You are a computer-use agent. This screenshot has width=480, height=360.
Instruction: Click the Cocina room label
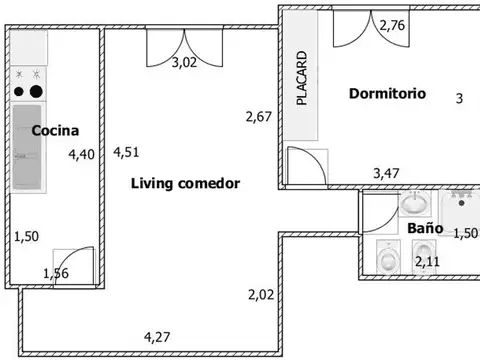click(x=55, y=130)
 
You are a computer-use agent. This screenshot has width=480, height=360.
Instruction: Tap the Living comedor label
click(x=185, y=183)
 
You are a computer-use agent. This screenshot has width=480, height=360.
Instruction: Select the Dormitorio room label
click(x=387, y=93)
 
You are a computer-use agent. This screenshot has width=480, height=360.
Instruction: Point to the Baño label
click(x=425, y=228)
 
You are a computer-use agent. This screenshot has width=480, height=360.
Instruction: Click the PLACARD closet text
click(x=301, y=78)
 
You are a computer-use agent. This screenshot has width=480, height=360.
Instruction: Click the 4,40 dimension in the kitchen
click(x=81, y=154)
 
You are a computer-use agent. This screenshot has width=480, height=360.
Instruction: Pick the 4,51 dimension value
click(x=126, y=152)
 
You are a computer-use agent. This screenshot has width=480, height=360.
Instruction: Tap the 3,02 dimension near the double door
click(x=184, y=62)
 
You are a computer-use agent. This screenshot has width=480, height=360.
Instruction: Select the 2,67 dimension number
click(x=259, y=117)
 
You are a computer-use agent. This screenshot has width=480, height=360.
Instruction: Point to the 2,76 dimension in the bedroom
click(x=392, y=25)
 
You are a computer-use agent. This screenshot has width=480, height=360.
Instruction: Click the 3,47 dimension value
click(x=386, y=173)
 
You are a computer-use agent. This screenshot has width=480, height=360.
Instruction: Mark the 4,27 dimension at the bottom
click(x=157, y=337)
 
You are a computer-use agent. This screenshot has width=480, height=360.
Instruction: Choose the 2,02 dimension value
click(x=261, y=295)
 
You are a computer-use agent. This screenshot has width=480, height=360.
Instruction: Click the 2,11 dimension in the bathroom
click(x=427, y=261)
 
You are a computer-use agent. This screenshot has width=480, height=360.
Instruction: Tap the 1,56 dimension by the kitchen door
click(x=56, y=273)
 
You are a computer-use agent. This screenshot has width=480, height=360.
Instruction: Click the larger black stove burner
click(x=36, y=91)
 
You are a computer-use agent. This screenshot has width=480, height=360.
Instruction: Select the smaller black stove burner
click(x=19, y=91)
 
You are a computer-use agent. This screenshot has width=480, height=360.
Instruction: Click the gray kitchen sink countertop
click(x=27, y=147)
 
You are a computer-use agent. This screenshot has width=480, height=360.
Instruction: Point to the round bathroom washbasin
click(x=415, y=202)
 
